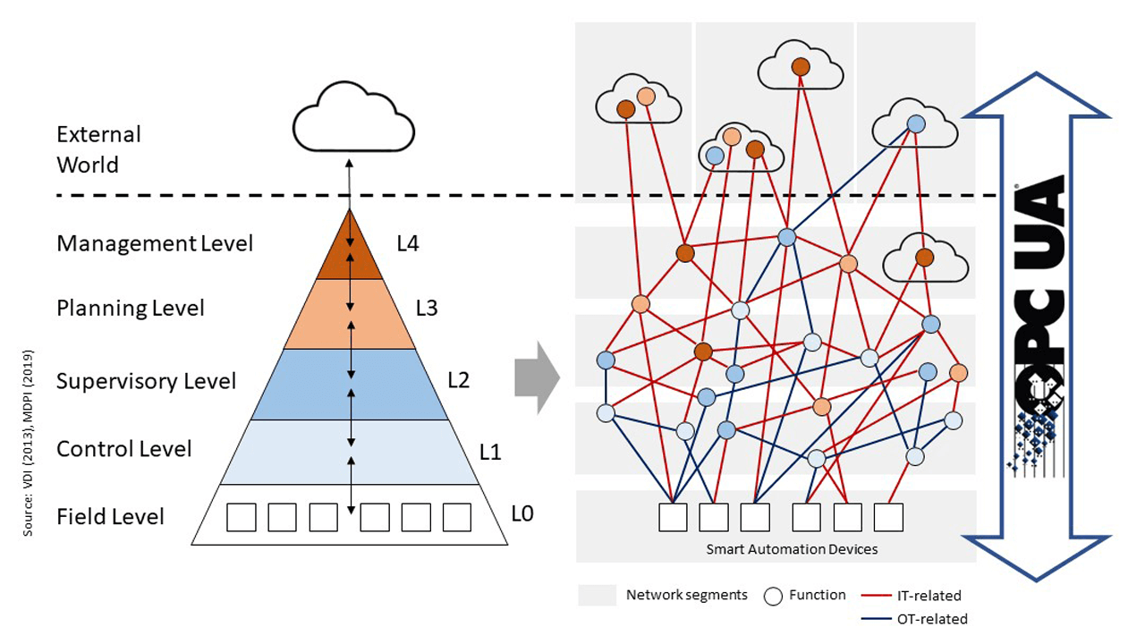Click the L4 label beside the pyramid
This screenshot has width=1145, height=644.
point(407,243)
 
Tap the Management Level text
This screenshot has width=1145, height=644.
point(155,243)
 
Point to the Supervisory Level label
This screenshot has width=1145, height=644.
point(146,381)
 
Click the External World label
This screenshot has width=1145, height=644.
point(98,149)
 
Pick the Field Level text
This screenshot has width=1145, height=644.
point(110,517)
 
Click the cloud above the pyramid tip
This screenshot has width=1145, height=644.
point(353,123)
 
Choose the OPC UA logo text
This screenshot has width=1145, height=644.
point(1040,295)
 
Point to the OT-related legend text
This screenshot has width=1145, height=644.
point(931,618)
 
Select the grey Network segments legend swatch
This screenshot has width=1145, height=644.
point(597,595)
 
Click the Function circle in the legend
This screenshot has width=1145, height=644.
point(774,596)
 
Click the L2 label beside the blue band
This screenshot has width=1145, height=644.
point(458,380)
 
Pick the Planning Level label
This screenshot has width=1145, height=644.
point(131,309)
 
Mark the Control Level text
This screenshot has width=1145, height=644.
point(124,449)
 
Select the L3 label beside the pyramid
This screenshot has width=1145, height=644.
point(427,309)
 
